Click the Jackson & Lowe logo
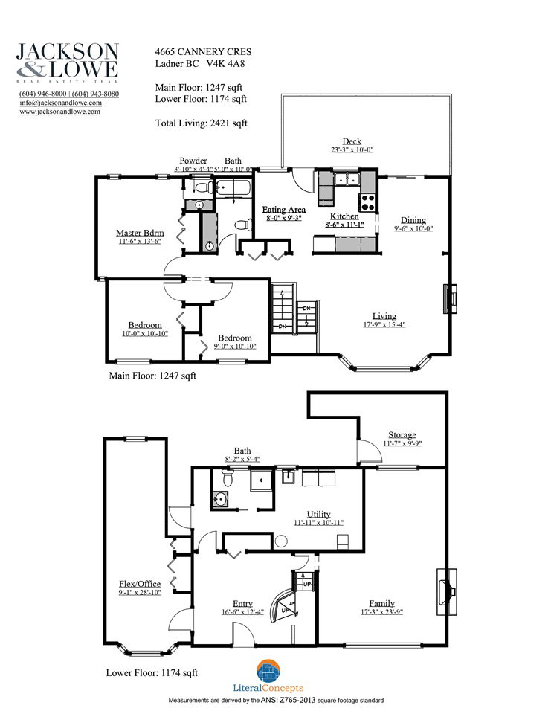pyautogui.click(x=68, y=62)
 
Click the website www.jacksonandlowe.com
pyautogui.click(x=59, y=111)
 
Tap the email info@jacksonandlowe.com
pyautogui.click(x=60, y=103)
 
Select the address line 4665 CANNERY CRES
pyautogui.click(x=203, y=52)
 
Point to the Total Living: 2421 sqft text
pyautogui.click(x=202, y=123)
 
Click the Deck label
pyautogui.click(x=352, y=141)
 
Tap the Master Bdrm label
pyautogui.click(x=140, y=233)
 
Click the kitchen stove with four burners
pyautogui.click(x=367, y=202)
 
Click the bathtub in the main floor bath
pyautogui.click(x=233, y=188)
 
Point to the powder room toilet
pyautogui.click(x=203, y=187)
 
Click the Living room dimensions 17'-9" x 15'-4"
pyautogui.click(x=384, y=325)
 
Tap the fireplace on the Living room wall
pyautogui.click(x=450, y=299)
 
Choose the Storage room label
pyautogui.click(x=402, y=435)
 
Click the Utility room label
pyautogui.click(x=318, y=514)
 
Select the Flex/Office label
pyautogui.click(x=140, y=584)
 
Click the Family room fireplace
pyautogui.click(x=446, y=591)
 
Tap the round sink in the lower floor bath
pyautogui.click(x=220, y=500)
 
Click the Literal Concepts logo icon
pyautogui.click(x=268, y=671)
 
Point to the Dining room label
pyautogui.click(x=413, y=220)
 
